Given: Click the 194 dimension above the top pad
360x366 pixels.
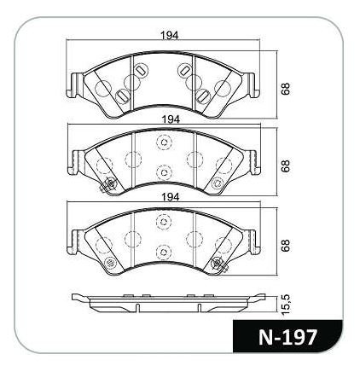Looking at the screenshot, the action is tap(170, 36).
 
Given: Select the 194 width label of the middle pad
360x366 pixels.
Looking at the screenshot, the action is tap(171, 119).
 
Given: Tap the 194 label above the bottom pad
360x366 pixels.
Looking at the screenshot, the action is tap(170, 197).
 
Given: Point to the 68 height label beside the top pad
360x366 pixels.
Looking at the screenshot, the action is tap(286, 89).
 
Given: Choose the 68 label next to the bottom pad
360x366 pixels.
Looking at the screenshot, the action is tap(286, 245).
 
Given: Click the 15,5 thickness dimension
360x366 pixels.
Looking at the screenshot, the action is tap(287, 305).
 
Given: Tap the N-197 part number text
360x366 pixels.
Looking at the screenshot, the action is tap(287, 337).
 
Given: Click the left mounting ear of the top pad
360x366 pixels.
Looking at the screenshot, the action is tap(73, 85).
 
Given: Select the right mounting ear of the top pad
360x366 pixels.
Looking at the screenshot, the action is tap(252, 85).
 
